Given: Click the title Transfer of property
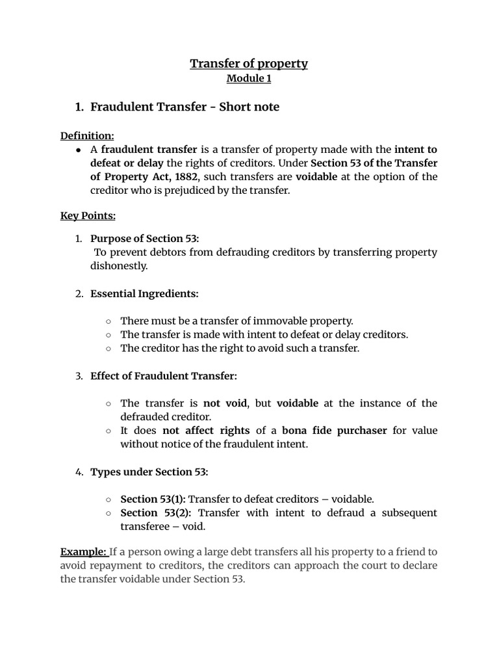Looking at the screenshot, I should [x=249, y=63].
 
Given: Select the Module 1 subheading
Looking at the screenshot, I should [x=249, y=79].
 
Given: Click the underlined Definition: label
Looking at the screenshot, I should [x=87, y=135].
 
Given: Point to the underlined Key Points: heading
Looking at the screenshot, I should [x=88, y=215].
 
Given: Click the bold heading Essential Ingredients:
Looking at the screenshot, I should [x=144, y=293].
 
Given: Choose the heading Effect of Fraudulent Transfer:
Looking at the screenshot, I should [x=164, y=376].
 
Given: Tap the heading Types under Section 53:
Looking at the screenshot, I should [x=149, y=472].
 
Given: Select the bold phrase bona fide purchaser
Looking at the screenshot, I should [x=339, y=431].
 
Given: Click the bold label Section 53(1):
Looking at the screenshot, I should [x=153, y=499].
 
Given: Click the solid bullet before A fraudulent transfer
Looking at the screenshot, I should [x=78, y=150].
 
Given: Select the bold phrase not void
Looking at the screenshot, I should [x=225, y=403].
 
